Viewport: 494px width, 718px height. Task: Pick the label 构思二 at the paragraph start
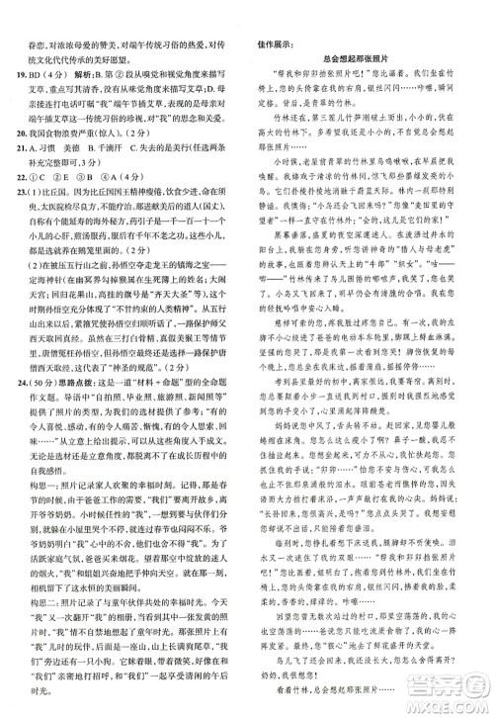[36, 628]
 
